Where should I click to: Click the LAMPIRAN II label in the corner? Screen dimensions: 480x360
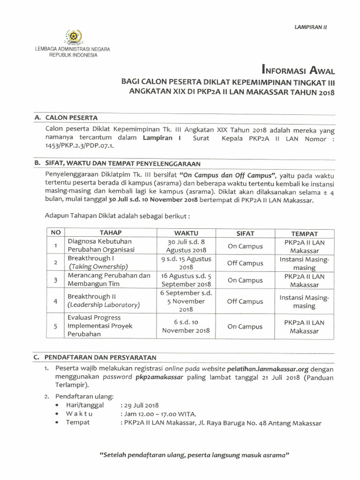click(310, 27)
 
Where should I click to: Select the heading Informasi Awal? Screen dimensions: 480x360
click(299, 71)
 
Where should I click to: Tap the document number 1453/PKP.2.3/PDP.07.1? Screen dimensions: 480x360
click(79, 146)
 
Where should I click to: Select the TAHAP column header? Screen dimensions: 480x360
click(111, 233)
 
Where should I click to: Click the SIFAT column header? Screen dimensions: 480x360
click(245, 233)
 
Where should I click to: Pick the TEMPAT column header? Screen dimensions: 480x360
click(304, 233)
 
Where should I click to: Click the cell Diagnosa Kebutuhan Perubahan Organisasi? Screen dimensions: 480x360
click(101, 246)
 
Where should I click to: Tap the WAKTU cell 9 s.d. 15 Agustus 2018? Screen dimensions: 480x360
click(186, 263)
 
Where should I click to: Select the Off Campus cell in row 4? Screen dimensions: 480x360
click(245, 302)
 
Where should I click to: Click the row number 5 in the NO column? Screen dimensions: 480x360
click(55, 327)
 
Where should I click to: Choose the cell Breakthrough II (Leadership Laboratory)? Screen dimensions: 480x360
click(104, 301)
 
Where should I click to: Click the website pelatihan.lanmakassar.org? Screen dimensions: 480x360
click(266, 368)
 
